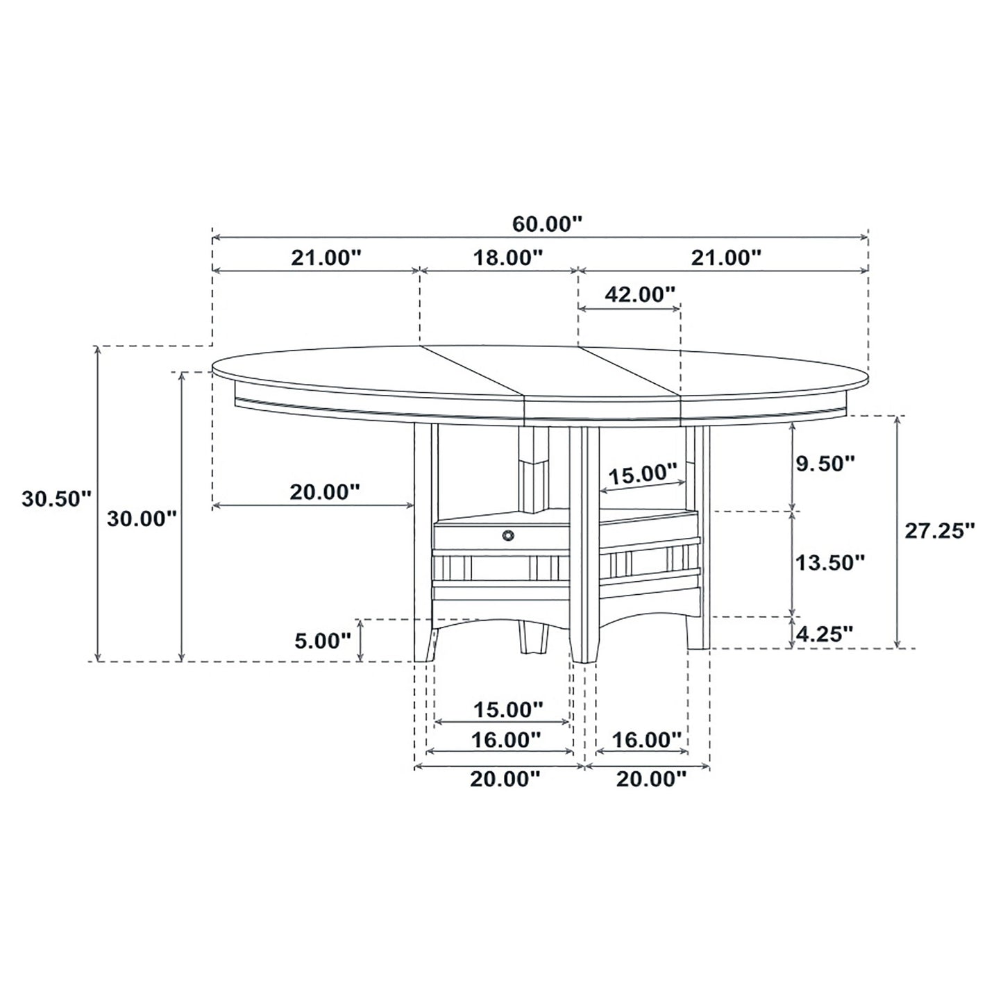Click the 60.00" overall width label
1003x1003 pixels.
pyautogui.click(x=546, y=224)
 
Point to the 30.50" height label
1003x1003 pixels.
pyautogui.click(x=56, y=498)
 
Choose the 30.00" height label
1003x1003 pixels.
pyautogui.click(x=142, y=519)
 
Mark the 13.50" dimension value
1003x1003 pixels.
pyautogui.click(x=829, y=562)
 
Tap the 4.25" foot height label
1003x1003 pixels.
pyautogui.click(x=825, y=633)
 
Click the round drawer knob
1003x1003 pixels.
pyautogui.click(x=509, y=534)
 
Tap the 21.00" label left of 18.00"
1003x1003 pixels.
pyautogui.click(x=326, y=258)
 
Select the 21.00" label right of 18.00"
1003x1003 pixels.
pyautogui.click(x=726, y=258)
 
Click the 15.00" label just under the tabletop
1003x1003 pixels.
pyautogui.click(x=643, y=475)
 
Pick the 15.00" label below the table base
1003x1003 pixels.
pyautogui.click(x=507, y=709)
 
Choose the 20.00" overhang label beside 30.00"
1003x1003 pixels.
pyautogui.click(x=325, y=492)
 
